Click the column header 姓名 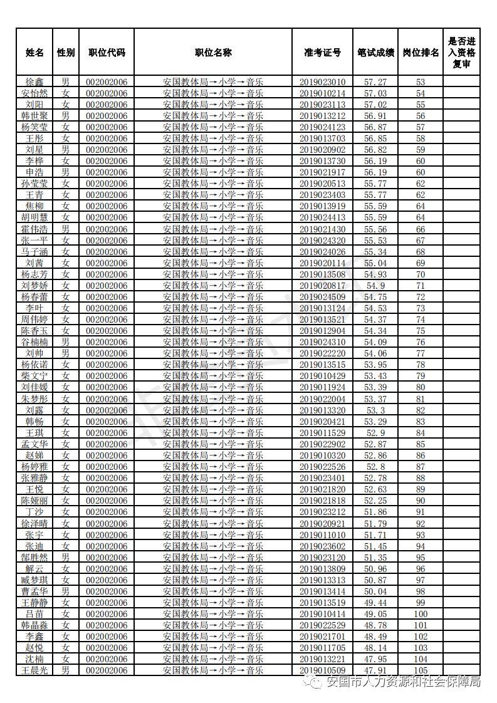click(x=34, y=53)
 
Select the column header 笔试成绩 click(x=376, y=53)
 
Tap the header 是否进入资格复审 click(x=462, y=53)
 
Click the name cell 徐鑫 click(x=34, y=82)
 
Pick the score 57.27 click(x=376, y=82)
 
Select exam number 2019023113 click(x=322, y=105)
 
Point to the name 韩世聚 click(x=34, y=116)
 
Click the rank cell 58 click(x=421, y=138)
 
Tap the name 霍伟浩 click(x=34, y=229)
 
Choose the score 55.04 click(x=376, y=263)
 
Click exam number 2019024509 click(x=322, y=297)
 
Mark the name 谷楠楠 click(x=34, y=342)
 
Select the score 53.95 click(x=376, y=365)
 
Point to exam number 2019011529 click(x=322, y=433)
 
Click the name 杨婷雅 click(x=34, y=467)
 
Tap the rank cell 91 click(x=421, y=512)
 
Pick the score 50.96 click(x=376, y=569)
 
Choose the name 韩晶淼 click(x=34, y=625)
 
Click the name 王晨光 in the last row click(x=34, y=670)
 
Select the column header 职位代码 click(x=107, y=53)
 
